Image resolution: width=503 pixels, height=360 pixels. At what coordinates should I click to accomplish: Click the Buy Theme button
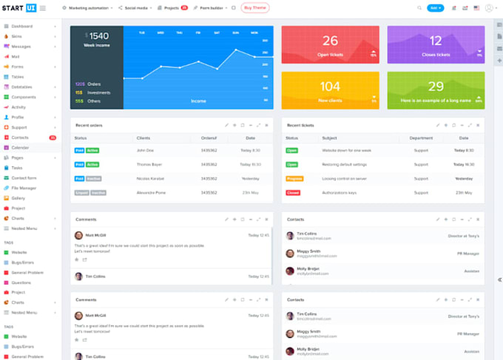[x=255, y=8]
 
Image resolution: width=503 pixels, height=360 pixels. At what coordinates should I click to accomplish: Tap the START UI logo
[x=19, y=8]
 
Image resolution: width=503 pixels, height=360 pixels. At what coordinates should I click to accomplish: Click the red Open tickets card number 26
[x=330, y=41]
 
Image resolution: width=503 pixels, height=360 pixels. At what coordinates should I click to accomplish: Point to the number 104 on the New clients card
[x=330, y=86]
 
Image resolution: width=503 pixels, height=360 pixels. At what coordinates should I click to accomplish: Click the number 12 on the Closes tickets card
[x=436, y=41]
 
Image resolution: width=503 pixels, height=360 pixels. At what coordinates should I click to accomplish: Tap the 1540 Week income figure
[x=98, y=35]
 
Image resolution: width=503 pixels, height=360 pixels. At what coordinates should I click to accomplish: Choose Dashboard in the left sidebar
[x=21, y=26]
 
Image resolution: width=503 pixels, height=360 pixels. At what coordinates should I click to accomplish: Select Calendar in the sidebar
[x=20, y=147]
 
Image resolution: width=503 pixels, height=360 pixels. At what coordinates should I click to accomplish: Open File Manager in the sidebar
[x=24, y=188]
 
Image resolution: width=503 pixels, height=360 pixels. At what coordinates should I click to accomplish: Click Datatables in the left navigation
[x=22, y=86]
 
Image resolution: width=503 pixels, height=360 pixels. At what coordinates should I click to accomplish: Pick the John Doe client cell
[x=145, y=150]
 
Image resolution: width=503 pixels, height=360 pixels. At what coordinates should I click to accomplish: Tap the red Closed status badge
[x=292, y=192]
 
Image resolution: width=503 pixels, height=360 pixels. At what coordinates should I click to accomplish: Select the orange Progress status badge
[x=294, y=178]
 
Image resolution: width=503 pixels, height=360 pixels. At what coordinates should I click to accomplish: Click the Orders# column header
[x=209, y=137]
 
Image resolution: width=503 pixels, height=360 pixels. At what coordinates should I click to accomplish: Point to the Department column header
[x=421, y=137]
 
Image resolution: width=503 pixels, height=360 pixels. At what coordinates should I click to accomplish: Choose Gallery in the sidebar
[x=18, y=198]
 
